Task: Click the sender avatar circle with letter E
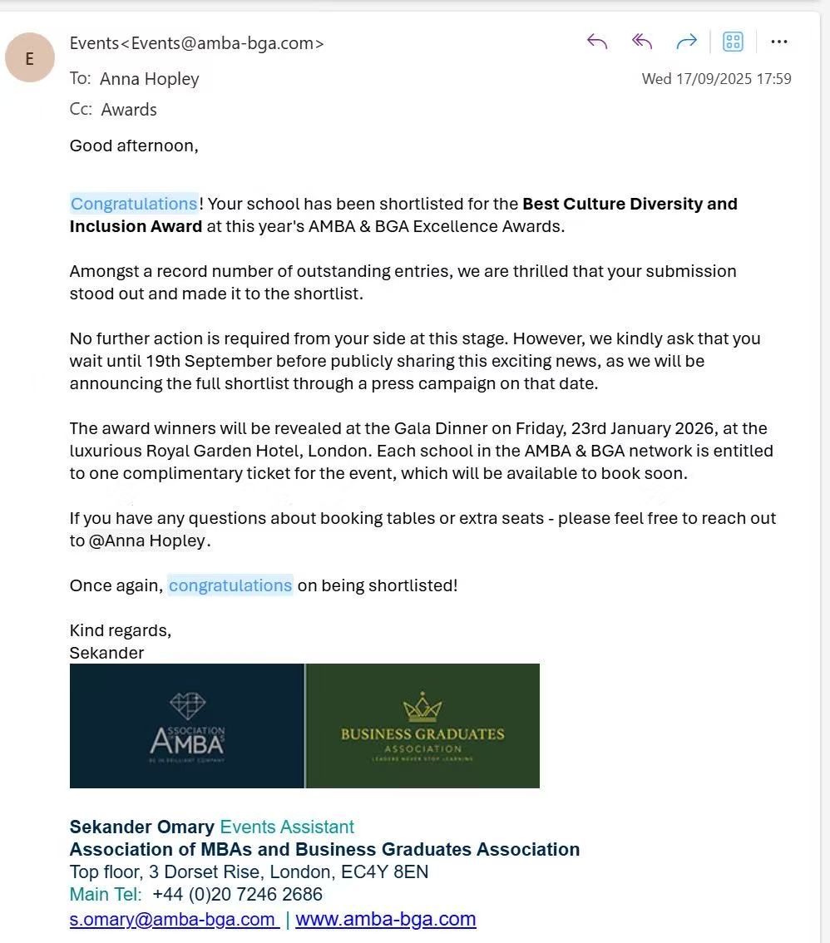pyautogui.click(x=30, y=58)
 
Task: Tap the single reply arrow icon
pyautogui.click(x=597, y=42)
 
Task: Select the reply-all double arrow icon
pyautogui.click(x=641, y=42)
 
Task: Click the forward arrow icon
pyautogui.click(x=686, y=42)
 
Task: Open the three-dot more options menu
pyautogui.click(x=778, y=42)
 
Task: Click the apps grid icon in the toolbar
pyautogui.click(x=733, y=42)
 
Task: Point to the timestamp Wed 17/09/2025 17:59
pyautogui.click(x=716, y=79)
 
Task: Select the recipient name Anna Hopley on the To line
pyautogui.click(x=150, y=79)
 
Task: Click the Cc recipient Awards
pyautogui.click(x=129, y=110)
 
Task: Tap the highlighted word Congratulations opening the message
pyautogui.click(x=134, y=204)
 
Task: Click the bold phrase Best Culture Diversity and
pyautogui.click(x=630, y=204)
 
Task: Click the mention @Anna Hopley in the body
pyautogui.click(x=147, y=541)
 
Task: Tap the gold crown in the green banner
pyautogui.click(x=422, y=708)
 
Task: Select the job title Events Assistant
pyautogui.click(x=286, y=827)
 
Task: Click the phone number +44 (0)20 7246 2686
pyautogui.click(x=237, y=894)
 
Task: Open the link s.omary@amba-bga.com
pyautogui.click(x=172, y=919)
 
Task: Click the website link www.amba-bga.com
pyautogui.click(x=385, y=919)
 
